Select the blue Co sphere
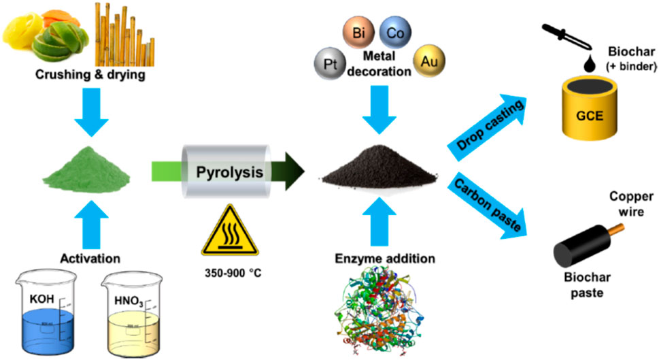(392, 32)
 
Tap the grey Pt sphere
(330, 67)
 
